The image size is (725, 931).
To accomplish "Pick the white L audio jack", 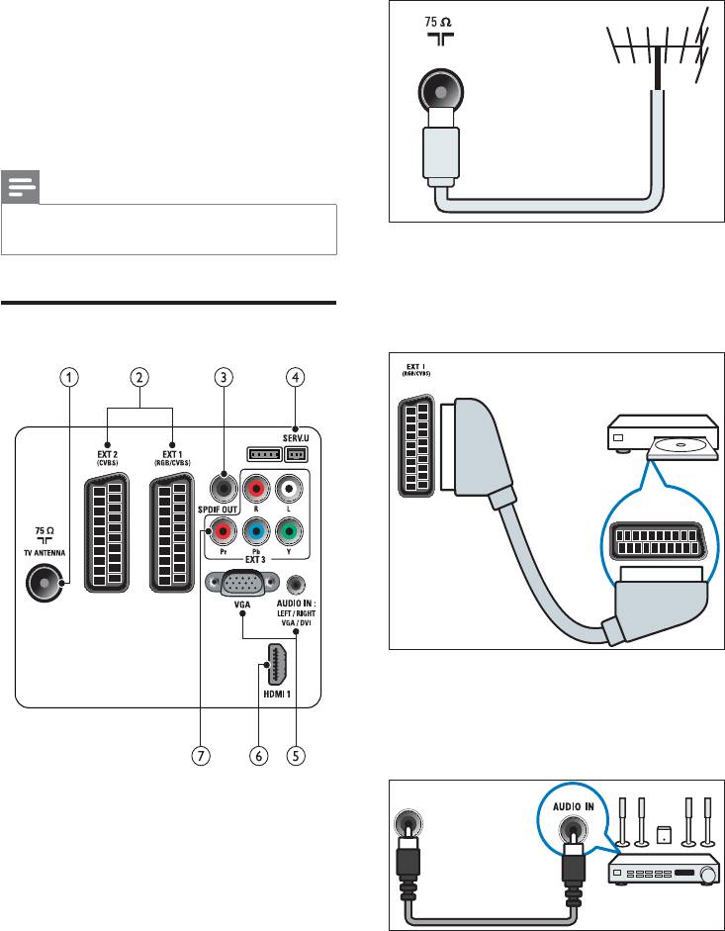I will tap(290, 489).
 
